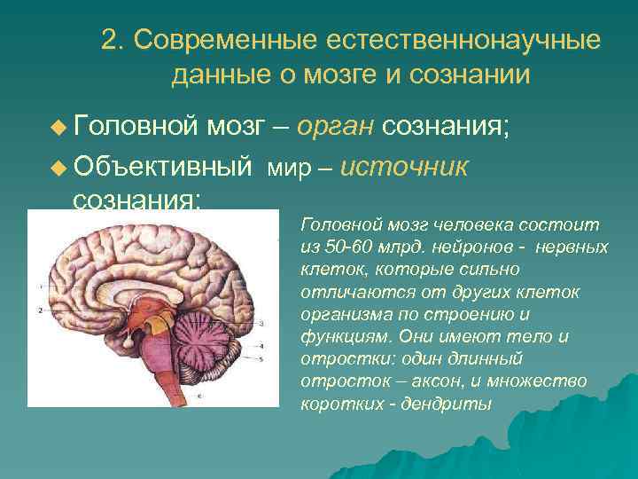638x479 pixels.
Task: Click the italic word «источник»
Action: pyautogui.click(x=403, y=167)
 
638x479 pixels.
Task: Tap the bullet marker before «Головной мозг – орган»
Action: pyautogui.click(x=58, y=130)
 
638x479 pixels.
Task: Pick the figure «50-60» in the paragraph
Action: pyautogui.click(x=343, y=247)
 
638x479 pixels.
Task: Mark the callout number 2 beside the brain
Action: pyautogui.click(x=41, y=310)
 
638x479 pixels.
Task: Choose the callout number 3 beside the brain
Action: pyautogui.click(x=261, y=325)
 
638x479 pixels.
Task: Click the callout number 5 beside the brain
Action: pyautogui.click(x=261, y=359)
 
